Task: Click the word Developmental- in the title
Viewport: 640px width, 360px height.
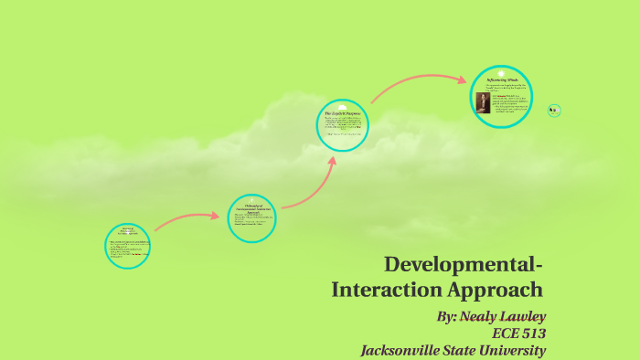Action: pyautogui.click(x=464, y=265)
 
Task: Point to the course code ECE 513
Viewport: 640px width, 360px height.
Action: pyautogui.click(x=518, y=333)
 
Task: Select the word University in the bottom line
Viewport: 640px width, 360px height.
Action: pyautogui.click(x=510, y=349)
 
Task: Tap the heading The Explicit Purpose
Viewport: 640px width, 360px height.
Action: pyautogui.click(x=343, y=113)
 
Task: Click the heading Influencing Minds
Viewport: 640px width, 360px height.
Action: pyautogui.click(x=502, y=79)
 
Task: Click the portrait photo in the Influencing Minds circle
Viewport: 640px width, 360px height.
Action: pyautogui.click(x=483, y=101)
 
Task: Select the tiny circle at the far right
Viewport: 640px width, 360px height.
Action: pyautogui.click(x=553, y=111)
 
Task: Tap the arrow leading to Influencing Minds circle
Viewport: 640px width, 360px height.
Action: pyautogui.click(x=416, y=87)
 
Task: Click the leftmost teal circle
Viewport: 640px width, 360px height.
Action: pyautogui.click(x=127, y=246)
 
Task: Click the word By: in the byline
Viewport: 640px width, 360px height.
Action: pyautogui.click(x=448, y=316)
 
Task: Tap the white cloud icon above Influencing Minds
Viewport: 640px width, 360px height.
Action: pyautogui.click(x=501, y=71)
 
